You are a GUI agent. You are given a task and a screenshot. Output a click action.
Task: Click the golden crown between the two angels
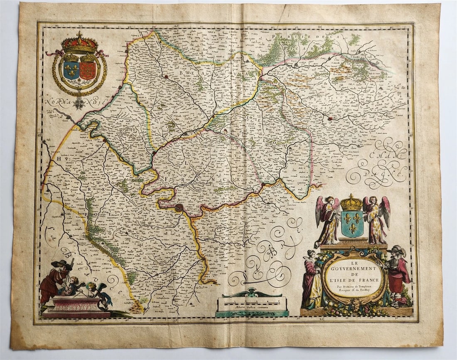click(x=351, y=203)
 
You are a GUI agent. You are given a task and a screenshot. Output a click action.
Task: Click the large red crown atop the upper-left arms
click(x=79, y=44)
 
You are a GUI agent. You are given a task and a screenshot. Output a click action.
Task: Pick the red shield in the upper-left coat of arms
click(x=88, y=70)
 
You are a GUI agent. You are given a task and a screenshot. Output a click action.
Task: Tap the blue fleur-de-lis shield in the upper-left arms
click(x=71, y=70)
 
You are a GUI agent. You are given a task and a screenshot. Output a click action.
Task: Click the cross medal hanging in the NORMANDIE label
click(x=79, y=103)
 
